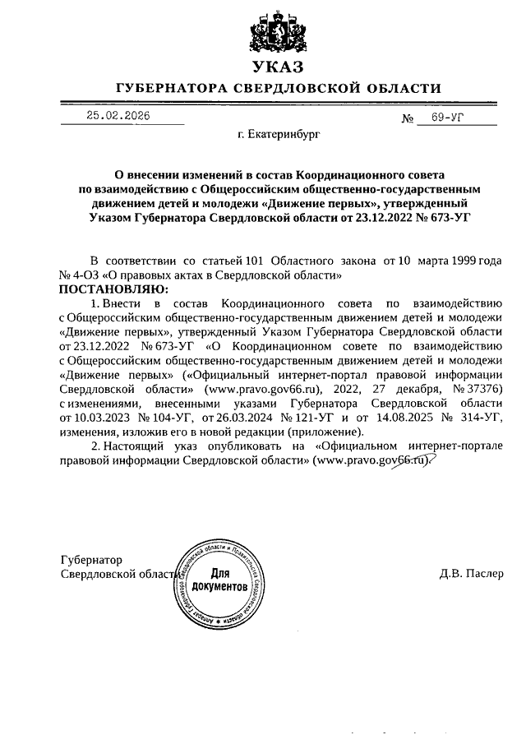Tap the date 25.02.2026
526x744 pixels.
123,117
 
